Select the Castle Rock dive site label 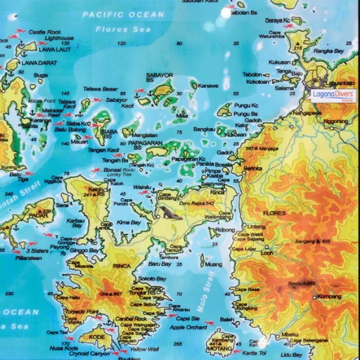[x=44, y=32]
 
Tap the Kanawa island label [x=209, y=86]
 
